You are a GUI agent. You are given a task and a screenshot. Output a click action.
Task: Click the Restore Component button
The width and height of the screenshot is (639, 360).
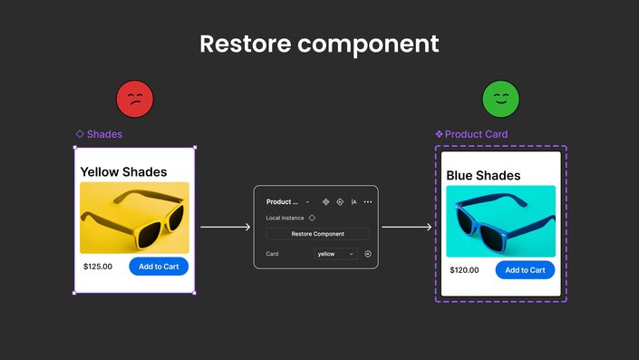(x=317, y=234)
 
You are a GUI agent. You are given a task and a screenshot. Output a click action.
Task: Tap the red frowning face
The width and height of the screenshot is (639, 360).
(x=135, y=98)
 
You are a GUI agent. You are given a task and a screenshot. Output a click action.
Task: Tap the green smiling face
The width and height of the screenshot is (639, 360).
(x=500, y=98)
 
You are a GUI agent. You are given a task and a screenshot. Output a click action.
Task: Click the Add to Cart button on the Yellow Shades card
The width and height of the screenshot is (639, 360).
(x=159, y=266)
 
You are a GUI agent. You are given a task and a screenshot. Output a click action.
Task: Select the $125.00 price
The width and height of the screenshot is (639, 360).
(x=98, y=267)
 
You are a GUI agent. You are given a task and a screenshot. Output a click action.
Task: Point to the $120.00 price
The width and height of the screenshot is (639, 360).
(x=464, y=270)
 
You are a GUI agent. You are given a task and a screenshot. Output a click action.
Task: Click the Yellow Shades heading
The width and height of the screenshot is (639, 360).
(x=123, y=171)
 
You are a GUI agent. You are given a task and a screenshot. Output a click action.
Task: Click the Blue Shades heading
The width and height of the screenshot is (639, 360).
(x=483, y=175)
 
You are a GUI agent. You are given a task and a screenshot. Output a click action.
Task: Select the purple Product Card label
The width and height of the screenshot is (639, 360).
(x=476, y=134)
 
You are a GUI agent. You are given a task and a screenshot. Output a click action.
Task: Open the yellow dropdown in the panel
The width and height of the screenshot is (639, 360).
(x=334, y=254)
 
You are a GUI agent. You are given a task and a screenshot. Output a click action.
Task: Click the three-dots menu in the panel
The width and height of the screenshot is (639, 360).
(x=368, y=201)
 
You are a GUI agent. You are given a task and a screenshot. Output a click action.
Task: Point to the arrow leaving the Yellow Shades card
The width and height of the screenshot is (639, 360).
(x=225, y=227)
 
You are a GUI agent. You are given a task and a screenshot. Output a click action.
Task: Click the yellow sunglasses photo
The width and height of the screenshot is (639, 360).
(x=134, y=218)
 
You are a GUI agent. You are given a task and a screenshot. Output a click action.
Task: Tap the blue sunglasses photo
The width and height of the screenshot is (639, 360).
(x=500, y=221)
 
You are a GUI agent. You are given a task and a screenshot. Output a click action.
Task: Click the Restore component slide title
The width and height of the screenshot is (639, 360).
(x=319, y=44)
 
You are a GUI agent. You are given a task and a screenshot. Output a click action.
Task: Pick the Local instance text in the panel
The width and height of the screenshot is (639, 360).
(x=285, y=218)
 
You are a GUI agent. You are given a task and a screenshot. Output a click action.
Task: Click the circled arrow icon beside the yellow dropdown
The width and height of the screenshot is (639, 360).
(x=368, y=254)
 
